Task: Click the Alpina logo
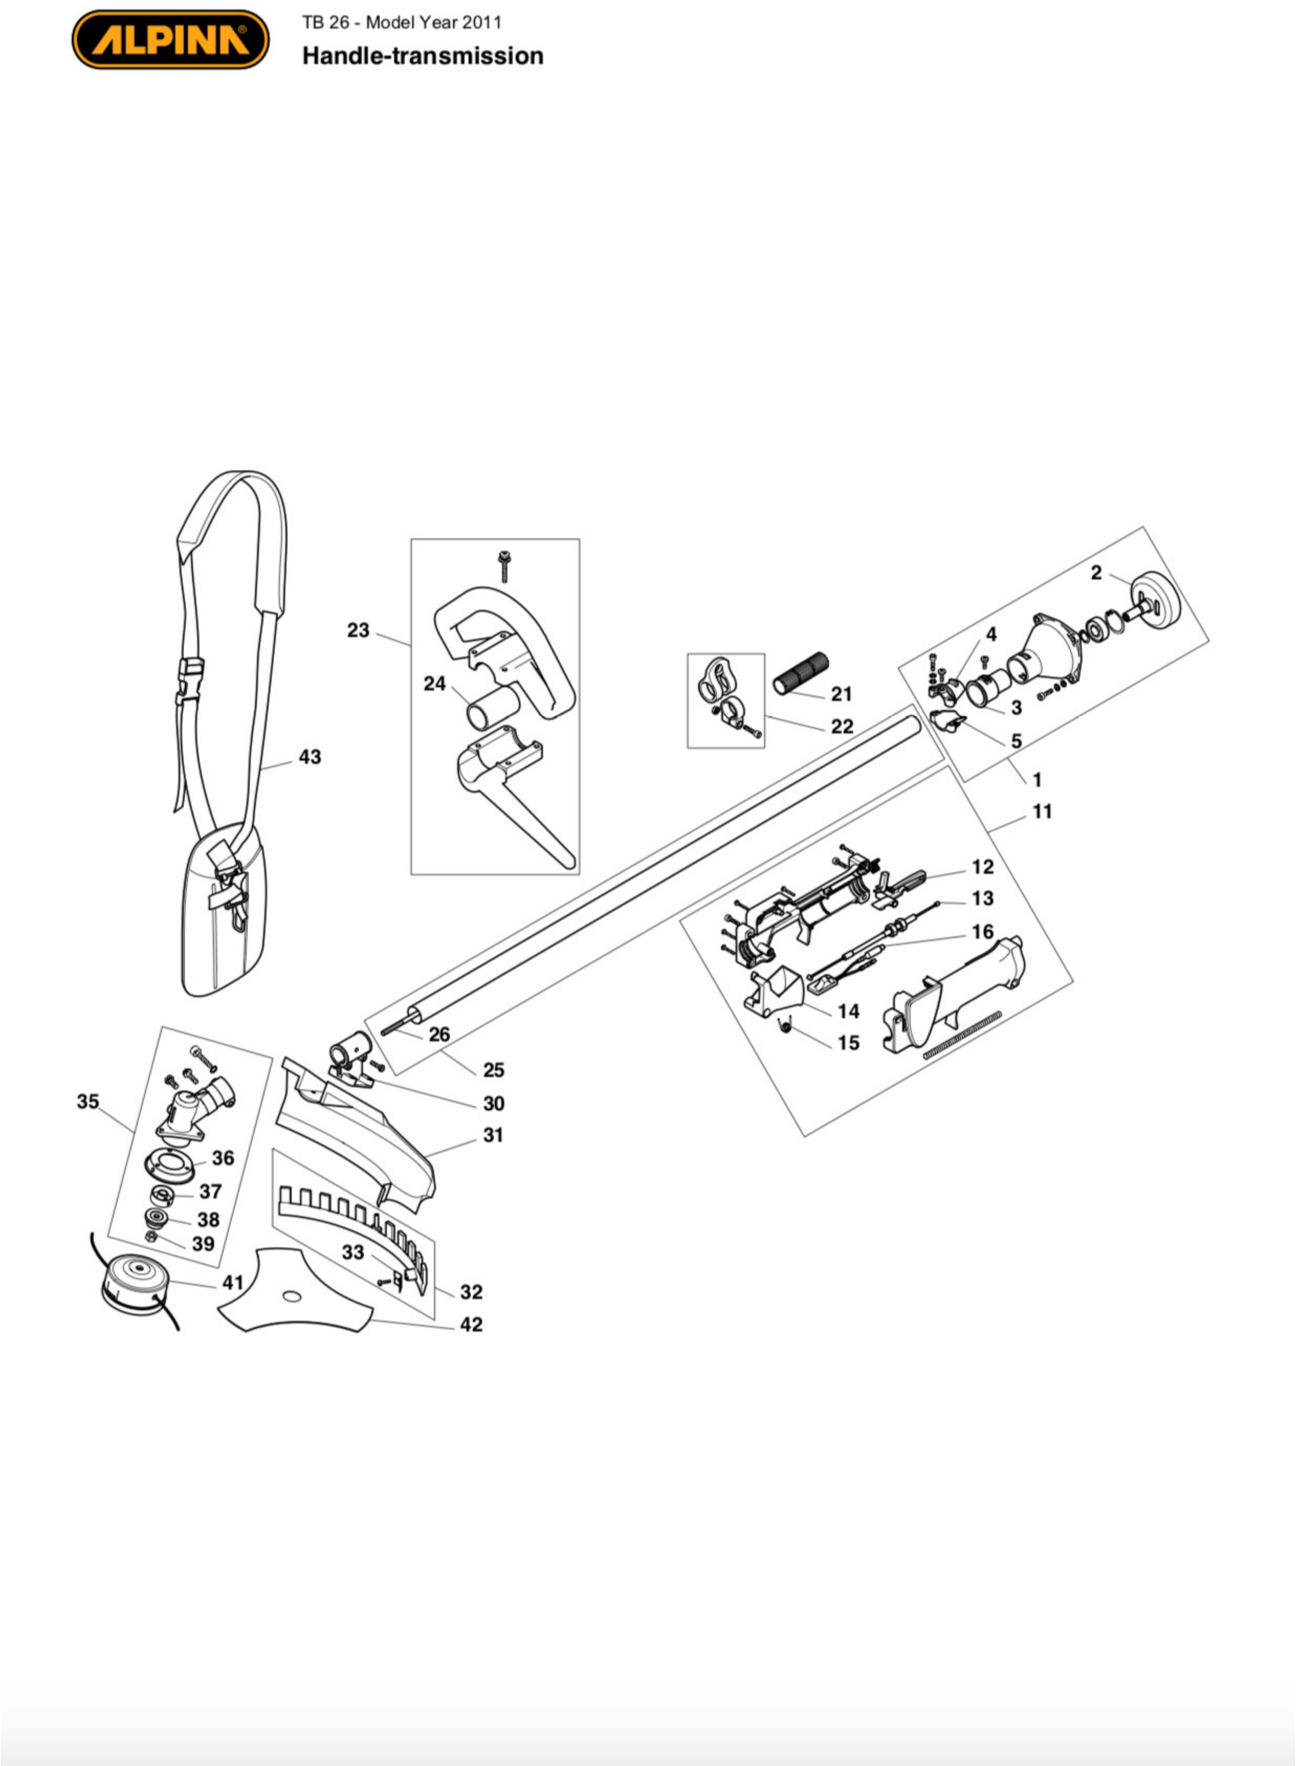[170, 39]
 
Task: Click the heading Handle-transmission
[423, 56]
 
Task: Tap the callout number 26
[439, 1035]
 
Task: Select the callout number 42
[471, 1324]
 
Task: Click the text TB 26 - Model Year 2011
[402, 22]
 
